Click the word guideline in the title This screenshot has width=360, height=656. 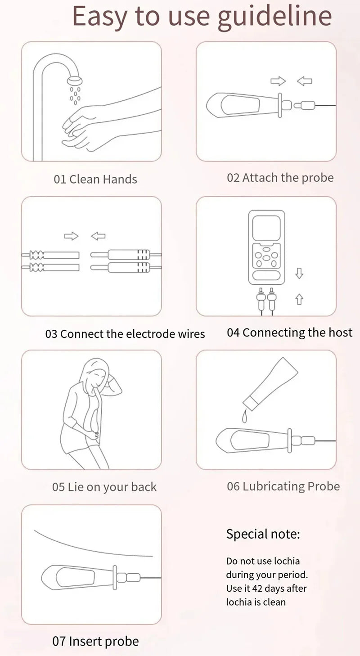tap(274, 17)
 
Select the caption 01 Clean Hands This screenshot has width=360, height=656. tap(95, 179)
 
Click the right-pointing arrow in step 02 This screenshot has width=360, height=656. tap(278, 81)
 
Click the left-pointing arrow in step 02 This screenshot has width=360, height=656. tap(305, 81)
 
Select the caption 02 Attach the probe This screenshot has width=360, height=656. tap(280, 178)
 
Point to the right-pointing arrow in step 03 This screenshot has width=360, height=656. tap(71, 236)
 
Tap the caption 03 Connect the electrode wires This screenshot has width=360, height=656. tap(125, 334)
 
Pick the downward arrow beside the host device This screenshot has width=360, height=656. tap(299, 273)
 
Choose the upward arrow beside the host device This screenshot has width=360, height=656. tap(299, 299)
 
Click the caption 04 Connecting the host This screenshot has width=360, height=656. tap(289, 332)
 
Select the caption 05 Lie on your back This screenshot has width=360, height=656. tap(104, 487)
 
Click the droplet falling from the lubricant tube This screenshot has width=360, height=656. tap(244, 418)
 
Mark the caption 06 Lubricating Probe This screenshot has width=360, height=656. tap(283, 486)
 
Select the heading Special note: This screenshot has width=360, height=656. tap(263, 534)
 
